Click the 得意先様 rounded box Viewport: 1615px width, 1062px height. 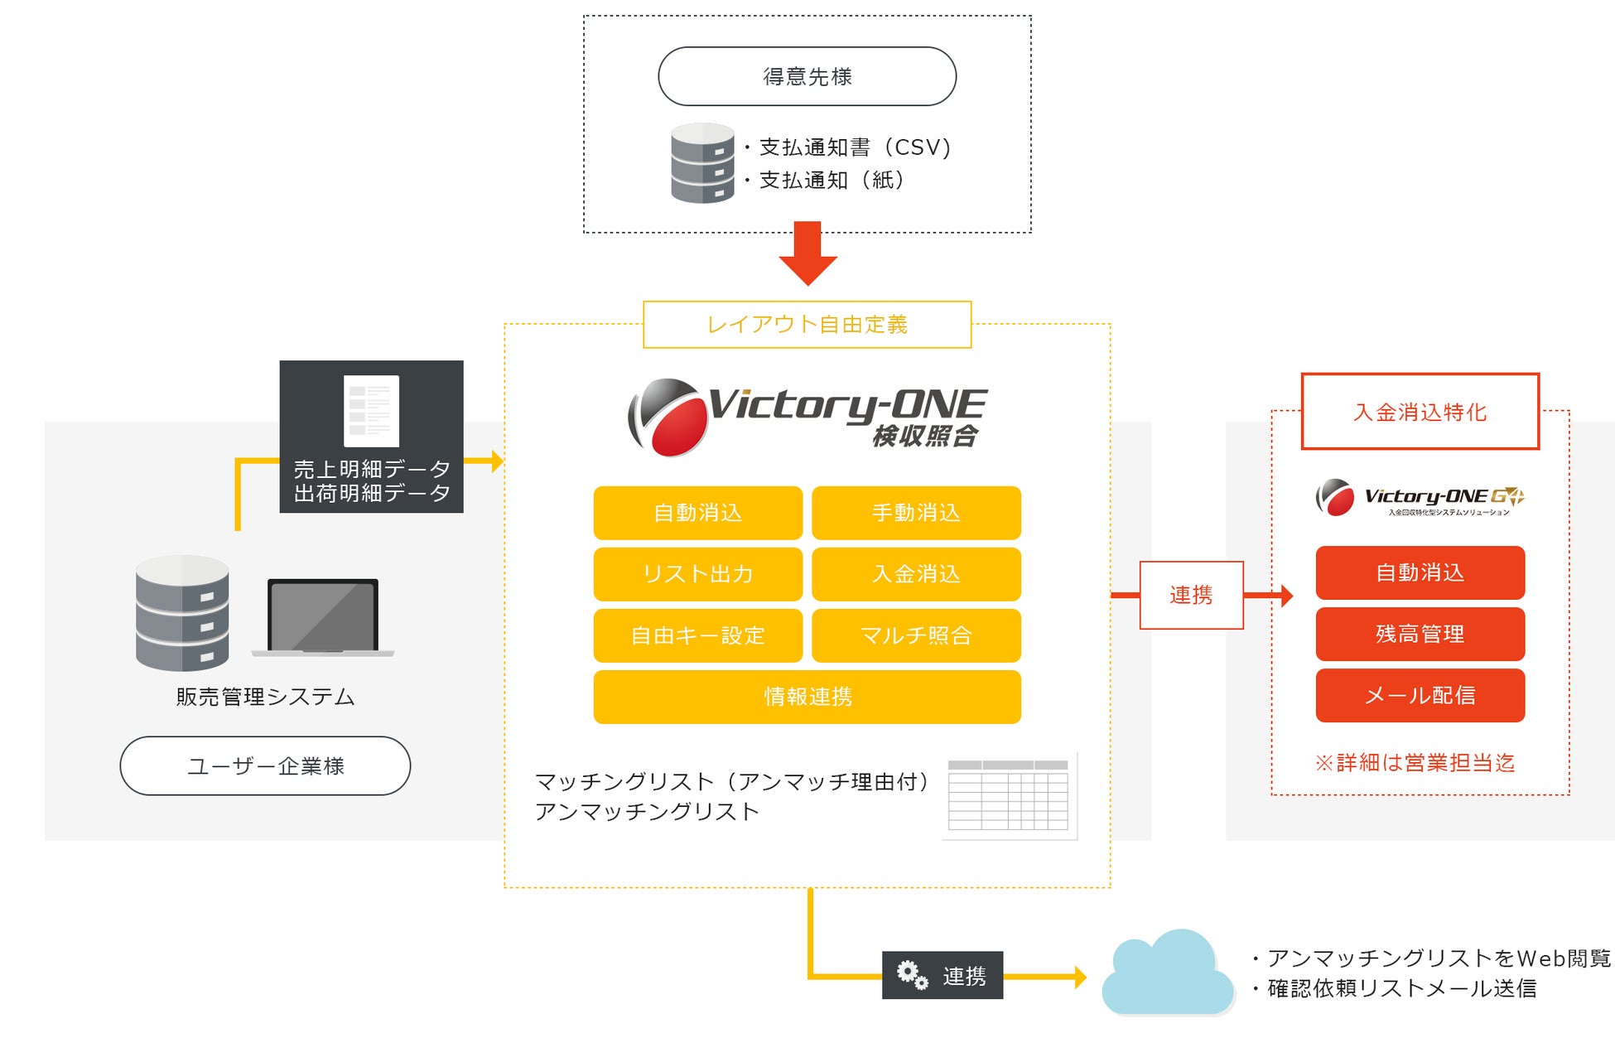point(807,76)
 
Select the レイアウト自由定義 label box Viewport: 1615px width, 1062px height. point(807,325)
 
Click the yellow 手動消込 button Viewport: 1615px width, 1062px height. point(916,513)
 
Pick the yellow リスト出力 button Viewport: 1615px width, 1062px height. point(697,574)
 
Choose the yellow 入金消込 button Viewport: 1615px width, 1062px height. point(916,574)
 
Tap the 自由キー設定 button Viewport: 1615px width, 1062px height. point(697,635)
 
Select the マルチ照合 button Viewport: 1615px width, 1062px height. point(916,635)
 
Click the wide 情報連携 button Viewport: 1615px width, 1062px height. point(807,697)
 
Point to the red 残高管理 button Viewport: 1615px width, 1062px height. point(1420,634)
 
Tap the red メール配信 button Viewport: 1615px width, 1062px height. point(1420,695)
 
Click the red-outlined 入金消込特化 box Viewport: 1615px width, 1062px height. point(1420,412)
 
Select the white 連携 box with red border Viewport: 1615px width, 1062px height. point(1191,595)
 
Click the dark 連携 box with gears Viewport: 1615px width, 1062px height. point(942,975)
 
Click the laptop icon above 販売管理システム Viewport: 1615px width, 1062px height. point(323,617)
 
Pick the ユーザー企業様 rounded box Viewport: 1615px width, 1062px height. point(265,765)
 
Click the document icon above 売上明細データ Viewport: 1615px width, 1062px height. point(371,411)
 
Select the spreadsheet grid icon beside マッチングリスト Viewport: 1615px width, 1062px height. point(1009,795)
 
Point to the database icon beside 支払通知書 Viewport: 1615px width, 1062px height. point(702,163)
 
